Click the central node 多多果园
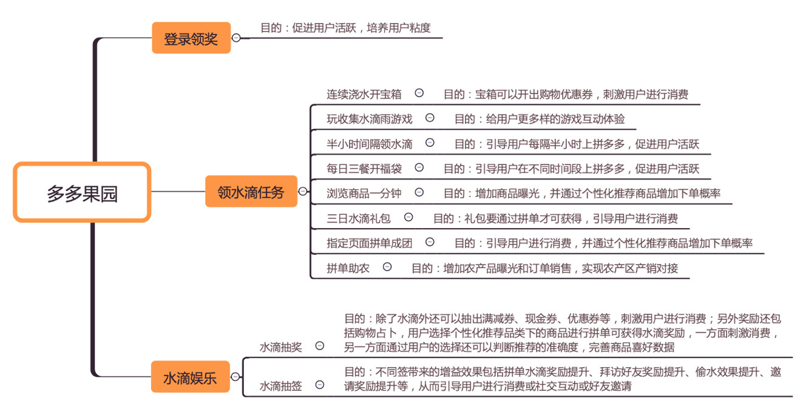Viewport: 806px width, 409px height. click(82, 192)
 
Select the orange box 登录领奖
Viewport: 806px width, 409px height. click(191, 38)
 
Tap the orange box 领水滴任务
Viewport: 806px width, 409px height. click(251, 191)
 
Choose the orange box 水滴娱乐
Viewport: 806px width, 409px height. click(190, 377)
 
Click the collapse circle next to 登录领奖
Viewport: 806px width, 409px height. click(236, 38)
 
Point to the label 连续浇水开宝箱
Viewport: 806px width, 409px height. click(364, 94)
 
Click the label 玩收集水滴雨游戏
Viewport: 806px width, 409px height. click(370, 119)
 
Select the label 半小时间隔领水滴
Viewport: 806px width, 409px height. click(370, 144)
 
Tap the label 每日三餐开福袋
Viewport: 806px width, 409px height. click(364, 168)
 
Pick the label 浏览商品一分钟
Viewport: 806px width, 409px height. click(364, 193)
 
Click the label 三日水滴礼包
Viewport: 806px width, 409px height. click(359, 218)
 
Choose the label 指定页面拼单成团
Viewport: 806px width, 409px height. click(370, 243)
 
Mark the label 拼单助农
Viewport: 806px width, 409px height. click(348, 268)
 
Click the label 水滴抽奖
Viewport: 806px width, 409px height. click(281, 347)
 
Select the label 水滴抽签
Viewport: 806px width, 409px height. click(281, 386)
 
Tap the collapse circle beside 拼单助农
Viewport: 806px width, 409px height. click(387, 266)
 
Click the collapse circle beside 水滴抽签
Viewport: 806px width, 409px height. click(319, 385)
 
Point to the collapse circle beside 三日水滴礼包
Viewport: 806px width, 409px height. click(408, 217)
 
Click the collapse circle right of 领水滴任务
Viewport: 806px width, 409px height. click(302, 191)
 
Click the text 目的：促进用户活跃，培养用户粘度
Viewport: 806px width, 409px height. click(345, 28)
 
